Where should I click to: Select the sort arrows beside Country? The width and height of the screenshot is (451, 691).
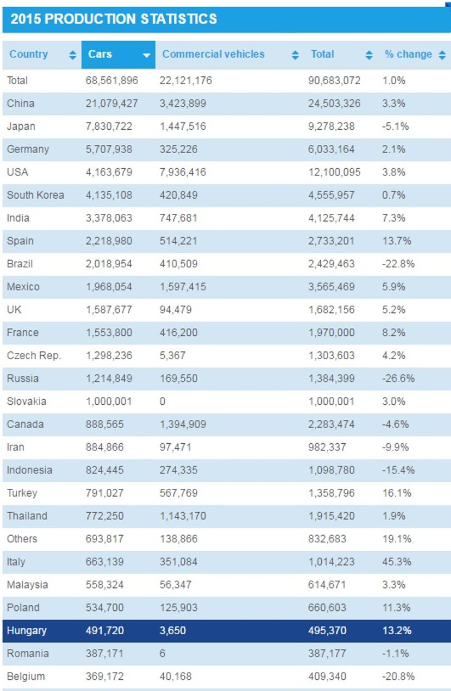[x=72, y=55]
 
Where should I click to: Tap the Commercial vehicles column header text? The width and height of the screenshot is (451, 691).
[x=213, y=55]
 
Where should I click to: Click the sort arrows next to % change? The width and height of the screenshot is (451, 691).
[x=442, y=55]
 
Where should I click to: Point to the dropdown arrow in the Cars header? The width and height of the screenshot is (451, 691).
[x=146, y=55]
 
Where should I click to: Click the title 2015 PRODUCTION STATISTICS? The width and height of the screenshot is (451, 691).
[x=114, y=19]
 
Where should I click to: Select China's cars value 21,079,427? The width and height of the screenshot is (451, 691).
[x=112, y=104]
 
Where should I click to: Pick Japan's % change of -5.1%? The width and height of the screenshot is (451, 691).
[x=395, y=126]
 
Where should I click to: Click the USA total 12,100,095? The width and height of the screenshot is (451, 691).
[x=335, y=172]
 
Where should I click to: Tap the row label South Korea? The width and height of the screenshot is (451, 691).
[x=36, y=195]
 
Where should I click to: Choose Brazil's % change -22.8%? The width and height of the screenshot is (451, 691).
[x=398, y=264]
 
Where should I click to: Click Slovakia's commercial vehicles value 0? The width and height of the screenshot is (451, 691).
[x=163, y=401]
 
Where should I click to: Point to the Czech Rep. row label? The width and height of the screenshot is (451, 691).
[x=33, y=356]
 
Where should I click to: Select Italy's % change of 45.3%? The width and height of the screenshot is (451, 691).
[x=396, y=562]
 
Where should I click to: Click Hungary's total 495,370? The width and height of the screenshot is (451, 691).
[x=327, y=630]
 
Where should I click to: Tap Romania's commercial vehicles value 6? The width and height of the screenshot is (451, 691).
[x=163, y=653]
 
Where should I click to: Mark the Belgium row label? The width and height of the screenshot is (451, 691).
[x=26, y=676]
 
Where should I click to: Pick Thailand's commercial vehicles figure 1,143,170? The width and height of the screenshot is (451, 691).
[x=183, y=516]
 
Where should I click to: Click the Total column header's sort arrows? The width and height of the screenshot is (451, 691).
[x=369, y=55]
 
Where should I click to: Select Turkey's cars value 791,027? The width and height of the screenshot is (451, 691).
[x=105, y=493]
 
